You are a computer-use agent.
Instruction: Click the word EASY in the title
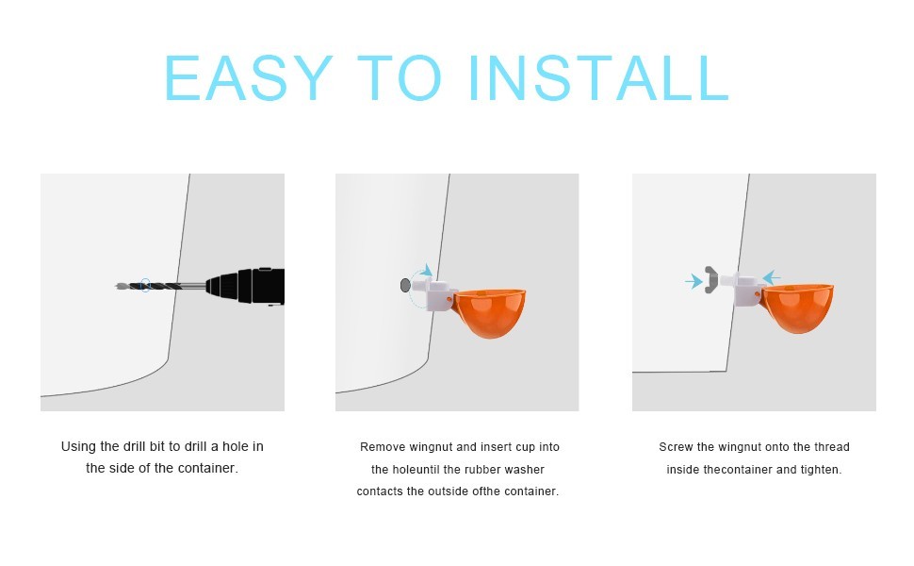(x=249, y=77)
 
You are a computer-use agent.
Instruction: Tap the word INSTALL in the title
(x=598, y=77)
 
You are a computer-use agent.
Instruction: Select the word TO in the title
(x=400, y=77)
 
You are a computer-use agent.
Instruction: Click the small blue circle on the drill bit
(x=146, y=285)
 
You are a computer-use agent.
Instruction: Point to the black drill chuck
(x=245, y=286)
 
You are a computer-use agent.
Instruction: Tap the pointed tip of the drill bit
(x=117, y=286)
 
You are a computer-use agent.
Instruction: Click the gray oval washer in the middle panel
(x=405, y=285)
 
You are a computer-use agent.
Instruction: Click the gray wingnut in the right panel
(x=710, y=280)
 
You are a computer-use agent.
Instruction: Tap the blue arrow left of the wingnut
(x=694, y=281)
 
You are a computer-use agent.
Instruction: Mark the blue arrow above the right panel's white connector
(x=771, y=277)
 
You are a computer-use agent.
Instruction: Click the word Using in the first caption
(x=78, y=447)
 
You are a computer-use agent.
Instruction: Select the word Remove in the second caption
(x=383, y=447)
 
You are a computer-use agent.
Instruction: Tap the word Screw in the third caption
(x=676, y=447)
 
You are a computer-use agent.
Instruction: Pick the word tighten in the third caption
(x=821, y=470)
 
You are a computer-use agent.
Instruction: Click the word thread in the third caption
(x=832, y=447)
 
